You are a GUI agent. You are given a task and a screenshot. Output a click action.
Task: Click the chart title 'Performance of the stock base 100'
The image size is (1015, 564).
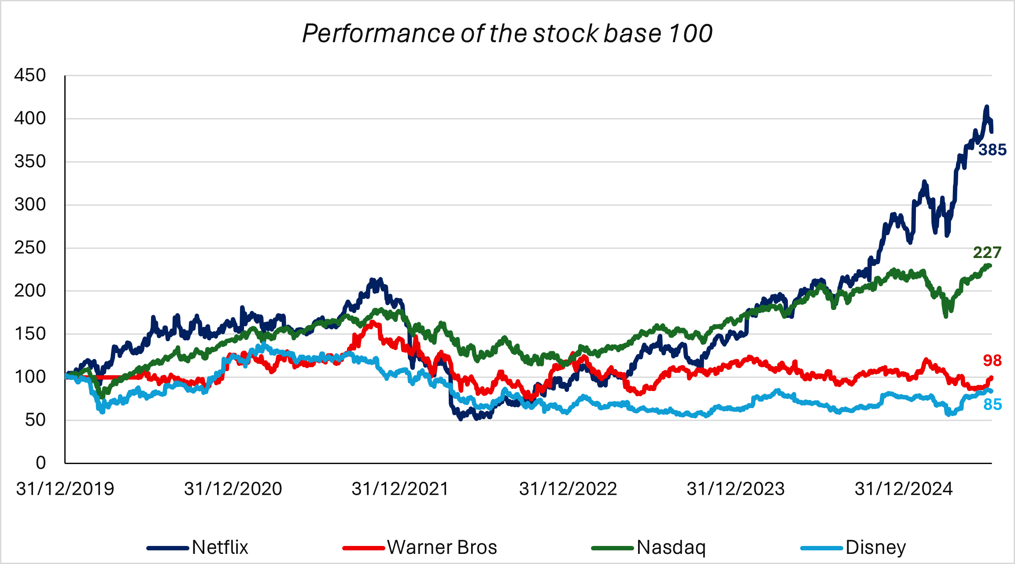pos(507,33)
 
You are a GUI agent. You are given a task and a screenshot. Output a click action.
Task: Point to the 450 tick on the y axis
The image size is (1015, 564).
pos(30,75)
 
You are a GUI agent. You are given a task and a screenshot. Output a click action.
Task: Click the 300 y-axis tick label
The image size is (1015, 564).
pos(30,204)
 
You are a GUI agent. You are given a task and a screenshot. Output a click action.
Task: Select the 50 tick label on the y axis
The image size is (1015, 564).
pos(35,420)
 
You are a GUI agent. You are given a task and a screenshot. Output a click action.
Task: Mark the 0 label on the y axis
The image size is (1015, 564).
pos(41,463)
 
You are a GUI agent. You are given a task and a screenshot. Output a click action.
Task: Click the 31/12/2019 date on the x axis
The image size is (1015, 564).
pos(65,489)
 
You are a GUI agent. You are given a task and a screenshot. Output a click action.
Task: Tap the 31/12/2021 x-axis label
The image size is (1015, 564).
pos(400,489)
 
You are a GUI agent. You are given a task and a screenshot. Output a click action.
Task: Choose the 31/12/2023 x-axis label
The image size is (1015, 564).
pos(736,489)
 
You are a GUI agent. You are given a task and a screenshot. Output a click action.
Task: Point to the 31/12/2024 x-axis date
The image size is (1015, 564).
pos(904,489)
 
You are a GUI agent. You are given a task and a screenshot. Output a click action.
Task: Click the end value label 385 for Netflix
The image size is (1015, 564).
pos(993,150)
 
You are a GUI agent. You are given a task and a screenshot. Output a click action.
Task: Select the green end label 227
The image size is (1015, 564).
pos(987,253)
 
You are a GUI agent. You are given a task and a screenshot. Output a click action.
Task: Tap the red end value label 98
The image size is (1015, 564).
pos(992,361)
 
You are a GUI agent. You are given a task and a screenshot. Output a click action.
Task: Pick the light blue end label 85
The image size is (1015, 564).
pos(993,404)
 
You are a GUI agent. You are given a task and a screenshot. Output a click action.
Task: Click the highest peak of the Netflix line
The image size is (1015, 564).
pos(986,107)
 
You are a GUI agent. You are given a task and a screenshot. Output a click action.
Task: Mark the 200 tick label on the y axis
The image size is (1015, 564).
pos(30,291)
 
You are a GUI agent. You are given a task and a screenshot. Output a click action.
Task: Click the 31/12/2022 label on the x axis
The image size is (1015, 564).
pos(568,489)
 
